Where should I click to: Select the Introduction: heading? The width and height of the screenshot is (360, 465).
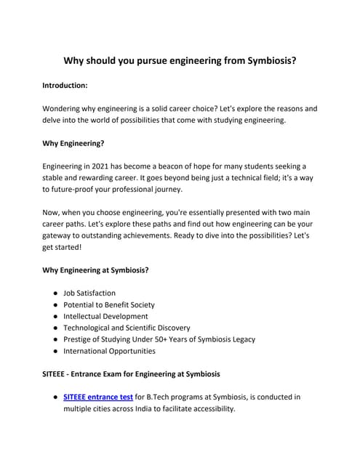pos(65,85)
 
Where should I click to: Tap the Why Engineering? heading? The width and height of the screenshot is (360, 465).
pos(73,144)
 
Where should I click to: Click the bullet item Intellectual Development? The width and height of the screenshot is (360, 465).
pos(105,317)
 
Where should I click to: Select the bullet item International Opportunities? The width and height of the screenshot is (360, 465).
pos(110,351)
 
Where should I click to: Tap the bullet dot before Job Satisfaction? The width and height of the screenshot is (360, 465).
pos(55,294)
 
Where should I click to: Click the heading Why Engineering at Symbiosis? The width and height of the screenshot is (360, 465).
pos(96,270)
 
